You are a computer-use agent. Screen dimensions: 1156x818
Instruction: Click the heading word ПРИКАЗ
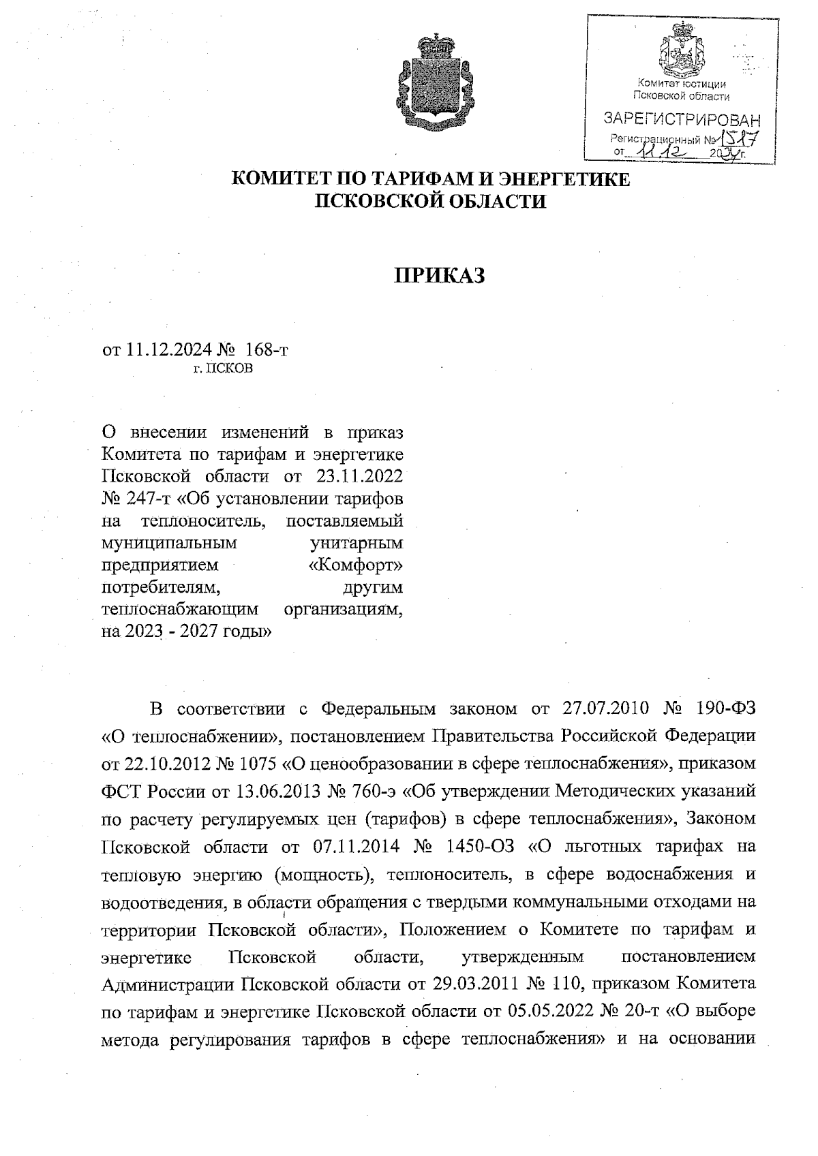pyautogui.click(x=439, y=275)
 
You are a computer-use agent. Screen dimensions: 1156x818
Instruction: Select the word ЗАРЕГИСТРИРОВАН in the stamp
pyautogui.click(x=682, y=121)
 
